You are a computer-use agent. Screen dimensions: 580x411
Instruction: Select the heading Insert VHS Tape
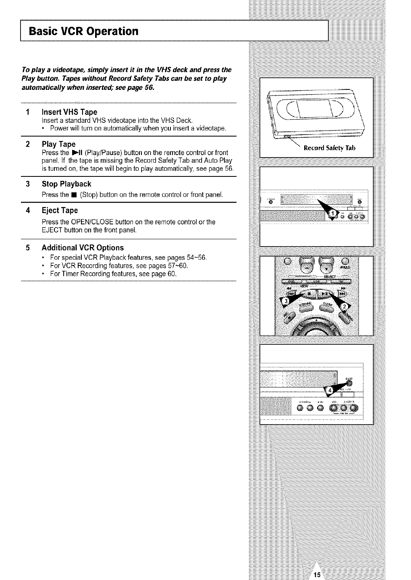point(69,112)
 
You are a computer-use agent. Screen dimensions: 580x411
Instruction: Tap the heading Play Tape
point(58,144)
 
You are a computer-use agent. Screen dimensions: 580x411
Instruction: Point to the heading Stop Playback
point(66,184)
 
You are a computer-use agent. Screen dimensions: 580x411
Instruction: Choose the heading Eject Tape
point(60,211)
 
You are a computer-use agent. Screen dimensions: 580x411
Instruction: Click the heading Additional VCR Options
point(83,248)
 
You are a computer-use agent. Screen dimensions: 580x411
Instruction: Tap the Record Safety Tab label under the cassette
point(329,148)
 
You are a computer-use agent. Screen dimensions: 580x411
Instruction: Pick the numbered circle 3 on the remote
point(285,302)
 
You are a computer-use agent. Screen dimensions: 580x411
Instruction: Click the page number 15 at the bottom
point(317,574)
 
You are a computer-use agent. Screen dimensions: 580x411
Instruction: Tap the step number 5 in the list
point(27,248)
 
